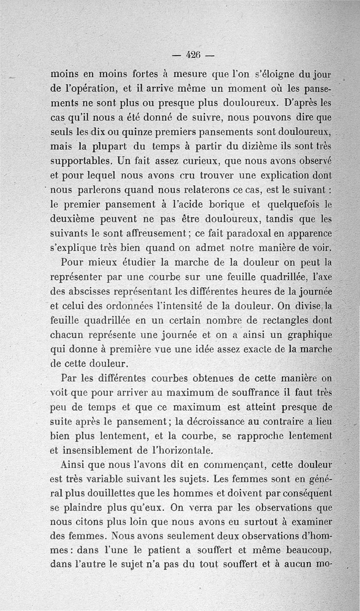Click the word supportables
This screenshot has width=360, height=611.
81,161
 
